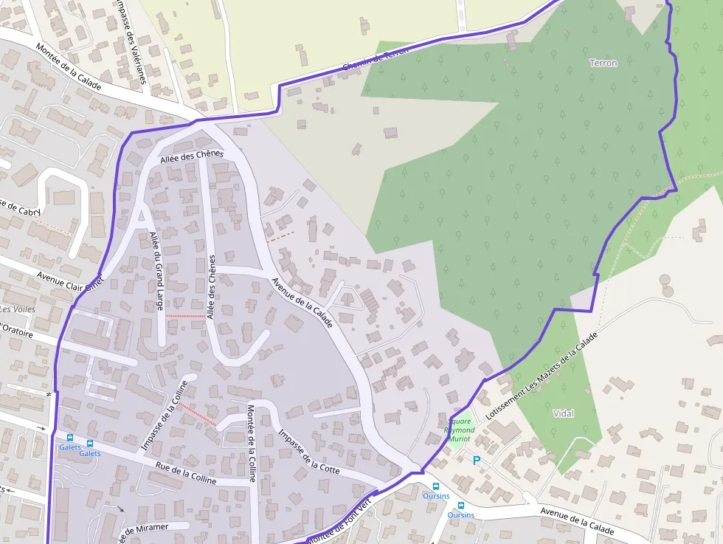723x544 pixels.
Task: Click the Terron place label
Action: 603,63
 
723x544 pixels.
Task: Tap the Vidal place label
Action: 563,413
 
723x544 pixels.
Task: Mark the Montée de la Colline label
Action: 252,443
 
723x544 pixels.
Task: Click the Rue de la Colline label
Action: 187,473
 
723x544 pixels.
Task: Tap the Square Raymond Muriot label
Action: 459,430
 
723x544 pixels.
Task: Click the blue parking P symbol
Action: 477,461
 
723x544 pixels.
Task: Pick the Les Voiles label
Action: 18,309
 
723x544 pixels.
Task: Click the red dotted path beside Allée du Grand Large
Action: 184,316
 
